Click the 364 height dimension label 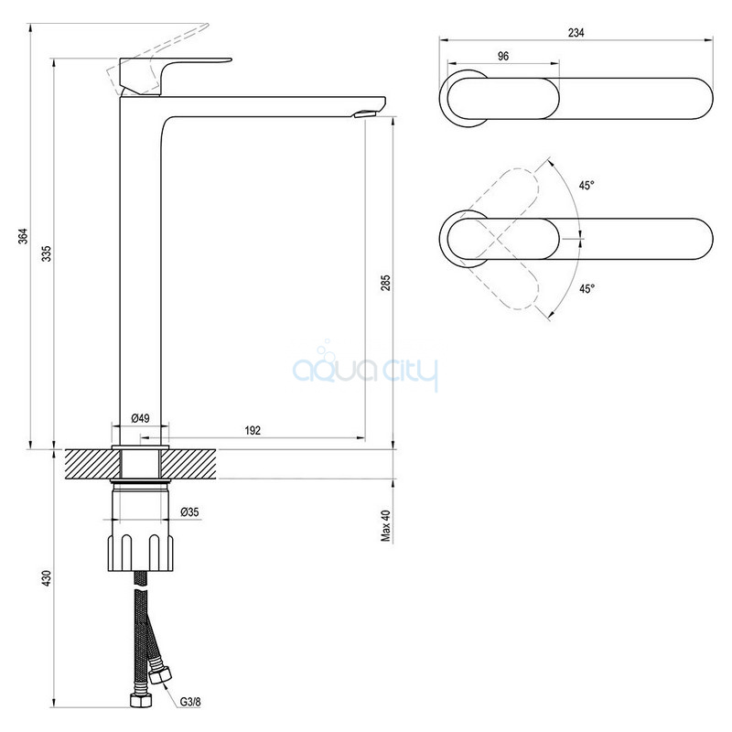pyautogui.click(x=24, y=236)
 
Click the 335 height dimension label pyautogui.click(x=47, y=253)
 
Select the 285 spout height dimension pyautogui.click(x=385, y=283)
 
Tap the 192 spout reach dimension pyautogui.click(x=253, y=430)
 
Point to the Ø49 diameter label pyautogui.click(x=141, y=418)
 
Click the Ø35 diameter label pyautogui.click(x=189, y=511)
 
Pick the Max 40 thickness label pyautogui.click(x=385, y=525)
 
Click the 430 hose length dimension pyautogui.click(x=47, y=578)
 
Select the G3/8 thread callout pyautogui.click(x=191, y=701)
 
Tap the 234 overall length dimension pyautogui.click(x=576, y=33)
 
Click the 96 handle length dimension pyautogui.click(x=502, y=56)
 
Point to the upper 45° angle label pyautogui.click(x=587, y=186)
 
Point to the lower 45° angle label pyautogui.click(x=587, y=289)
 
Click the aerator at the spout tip pyautogui.click(x=366, y=113)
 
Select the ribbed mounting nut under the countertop pyautogui.click(x=141, y=553)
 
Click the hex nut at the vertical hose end pyautogui.click(x=141, y=699)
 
